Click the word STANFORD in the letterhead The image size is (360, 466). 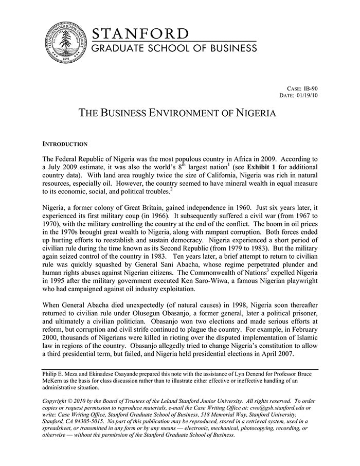click(140, 34)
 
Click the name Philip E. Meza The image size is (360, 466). click(62, 373)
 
